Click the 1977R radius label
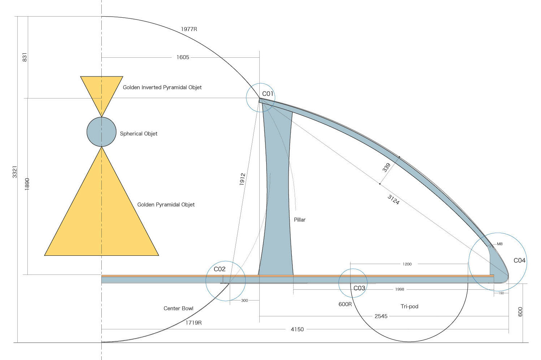(189, 29)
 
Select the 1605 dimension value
(183, 57)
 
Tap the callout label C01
(268, 94)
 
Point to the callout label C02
(220, 269)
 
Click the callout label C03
(359, 288)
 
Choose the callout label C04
(519, 260)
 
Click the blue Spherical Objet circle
(102, 132)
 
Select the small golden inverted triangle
(102, 90)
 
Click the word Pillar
(300, 220)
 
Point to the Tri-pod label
(409, 306)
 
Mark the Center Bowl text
(178, 308)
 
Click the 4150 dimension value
(297, 329)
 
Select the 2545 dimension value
(381, 316)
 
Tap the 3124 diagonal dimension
(393, 199)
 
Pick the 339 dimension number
(386, 168)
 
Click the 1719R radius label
(194, 322)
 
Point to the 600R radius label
(345, 304)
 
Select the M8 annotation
(500, 244)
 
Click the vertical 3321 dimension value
(15, 172)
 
